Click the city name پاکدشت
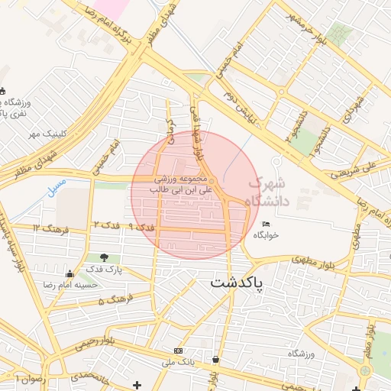[x=236, y=283]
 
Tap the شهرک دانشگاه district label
[x=267, y=192]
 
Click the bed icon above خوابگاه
[x=266, y=224]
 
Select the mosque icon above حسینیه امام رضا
[x=70, y=274]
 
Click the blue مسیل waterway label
[x=57, y=186]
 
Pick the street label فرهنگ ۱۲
[x=51, y=228]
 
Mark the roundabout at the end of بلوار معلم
[x=365, y=370]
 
